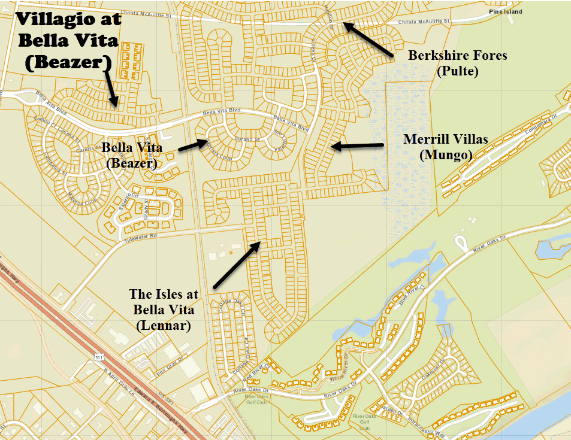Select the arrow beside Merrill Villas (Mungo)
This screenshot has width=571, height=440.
point(357,145)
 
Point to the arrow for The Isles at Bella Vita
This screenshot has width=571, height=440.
point(235,264)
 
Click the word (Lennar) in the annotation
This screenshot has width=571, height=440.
point(164,326)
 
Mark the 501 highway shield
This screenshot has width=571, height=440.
point(99,357)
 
